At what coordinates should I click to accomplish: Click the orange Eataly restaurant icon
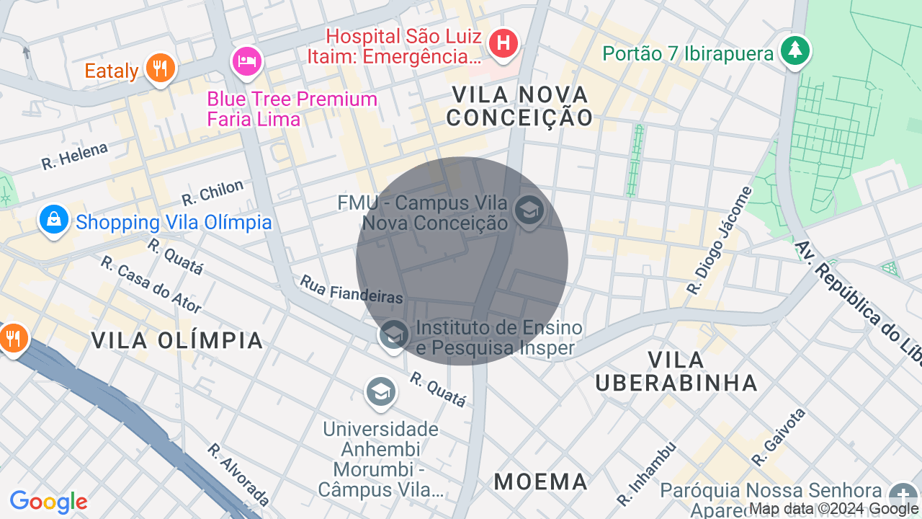(159, 68)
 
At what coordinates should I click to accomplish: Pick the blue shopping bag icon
(54, 220)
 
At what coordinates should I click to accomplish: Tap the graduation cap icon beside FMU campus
(529, 212)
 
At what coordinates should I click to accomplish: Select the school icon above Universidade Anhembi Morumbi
(380, 392)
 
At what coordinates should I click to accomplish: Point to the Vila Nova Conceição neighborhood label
(519, 105)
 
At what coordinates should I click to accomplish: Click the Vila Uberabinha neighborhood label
(676, 371)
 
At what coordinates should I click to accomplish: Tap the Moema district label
(541, 482)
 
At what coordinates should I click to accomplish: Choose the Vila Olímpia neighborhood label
(177, 340)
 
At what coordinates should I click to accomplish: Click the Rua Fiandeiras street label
(351, 289)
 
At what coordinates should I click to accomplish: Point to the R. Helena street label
(74, 156)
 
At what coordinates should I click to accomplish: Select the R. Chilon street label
(212, 192)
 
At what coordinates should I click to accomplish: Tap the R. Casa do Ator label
(151, 285)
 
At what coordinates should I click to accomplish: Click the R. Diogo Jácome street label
(719, 241)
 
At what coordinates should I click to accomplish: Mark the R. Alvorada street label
(238, 474)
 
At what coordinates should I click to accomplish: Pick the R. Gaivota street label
(778, 437)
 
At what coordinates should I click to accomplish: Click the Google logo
(48, 502)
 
